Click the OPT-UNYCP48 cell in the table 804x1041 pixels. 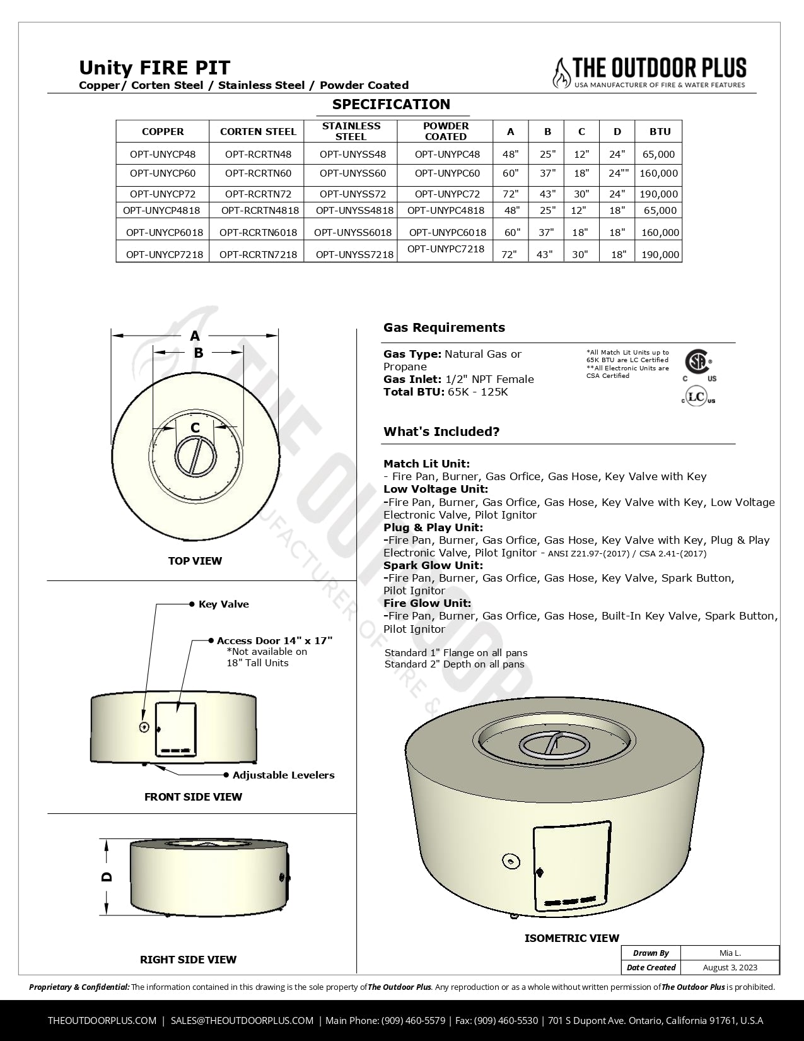click(163, 154)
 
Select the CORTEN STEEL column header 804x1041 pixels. click(258, 131)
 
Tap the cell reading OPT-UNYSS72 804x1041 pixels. click(352, 194)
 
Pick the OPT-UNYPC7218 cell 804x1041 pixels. click(446, 249)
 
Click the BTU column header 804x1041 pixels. click(660, 131)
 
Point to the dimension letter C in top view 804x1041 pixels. click(195, 428)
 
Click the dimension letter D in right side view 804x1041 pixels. click(107, 876)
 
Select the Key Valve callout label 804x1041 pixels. click(223, 604)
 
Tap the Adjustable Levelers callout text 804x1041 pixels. click(283, 775)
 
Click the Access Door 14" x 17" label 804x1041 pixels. click(274, 640)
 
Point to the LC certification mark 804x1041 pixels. click(697, 397)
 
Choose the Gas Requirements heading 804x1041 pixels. click(444, 327)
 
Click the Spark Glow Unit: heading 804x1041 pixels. click(433, 565)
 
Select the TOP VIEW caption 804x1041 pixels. click(195, 561)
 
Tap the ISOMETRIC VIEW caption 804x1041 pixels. click(571, 938)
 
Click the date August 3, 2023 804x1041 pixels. click(730, 967)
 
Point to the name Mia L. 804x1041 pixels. click(730, 953)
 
